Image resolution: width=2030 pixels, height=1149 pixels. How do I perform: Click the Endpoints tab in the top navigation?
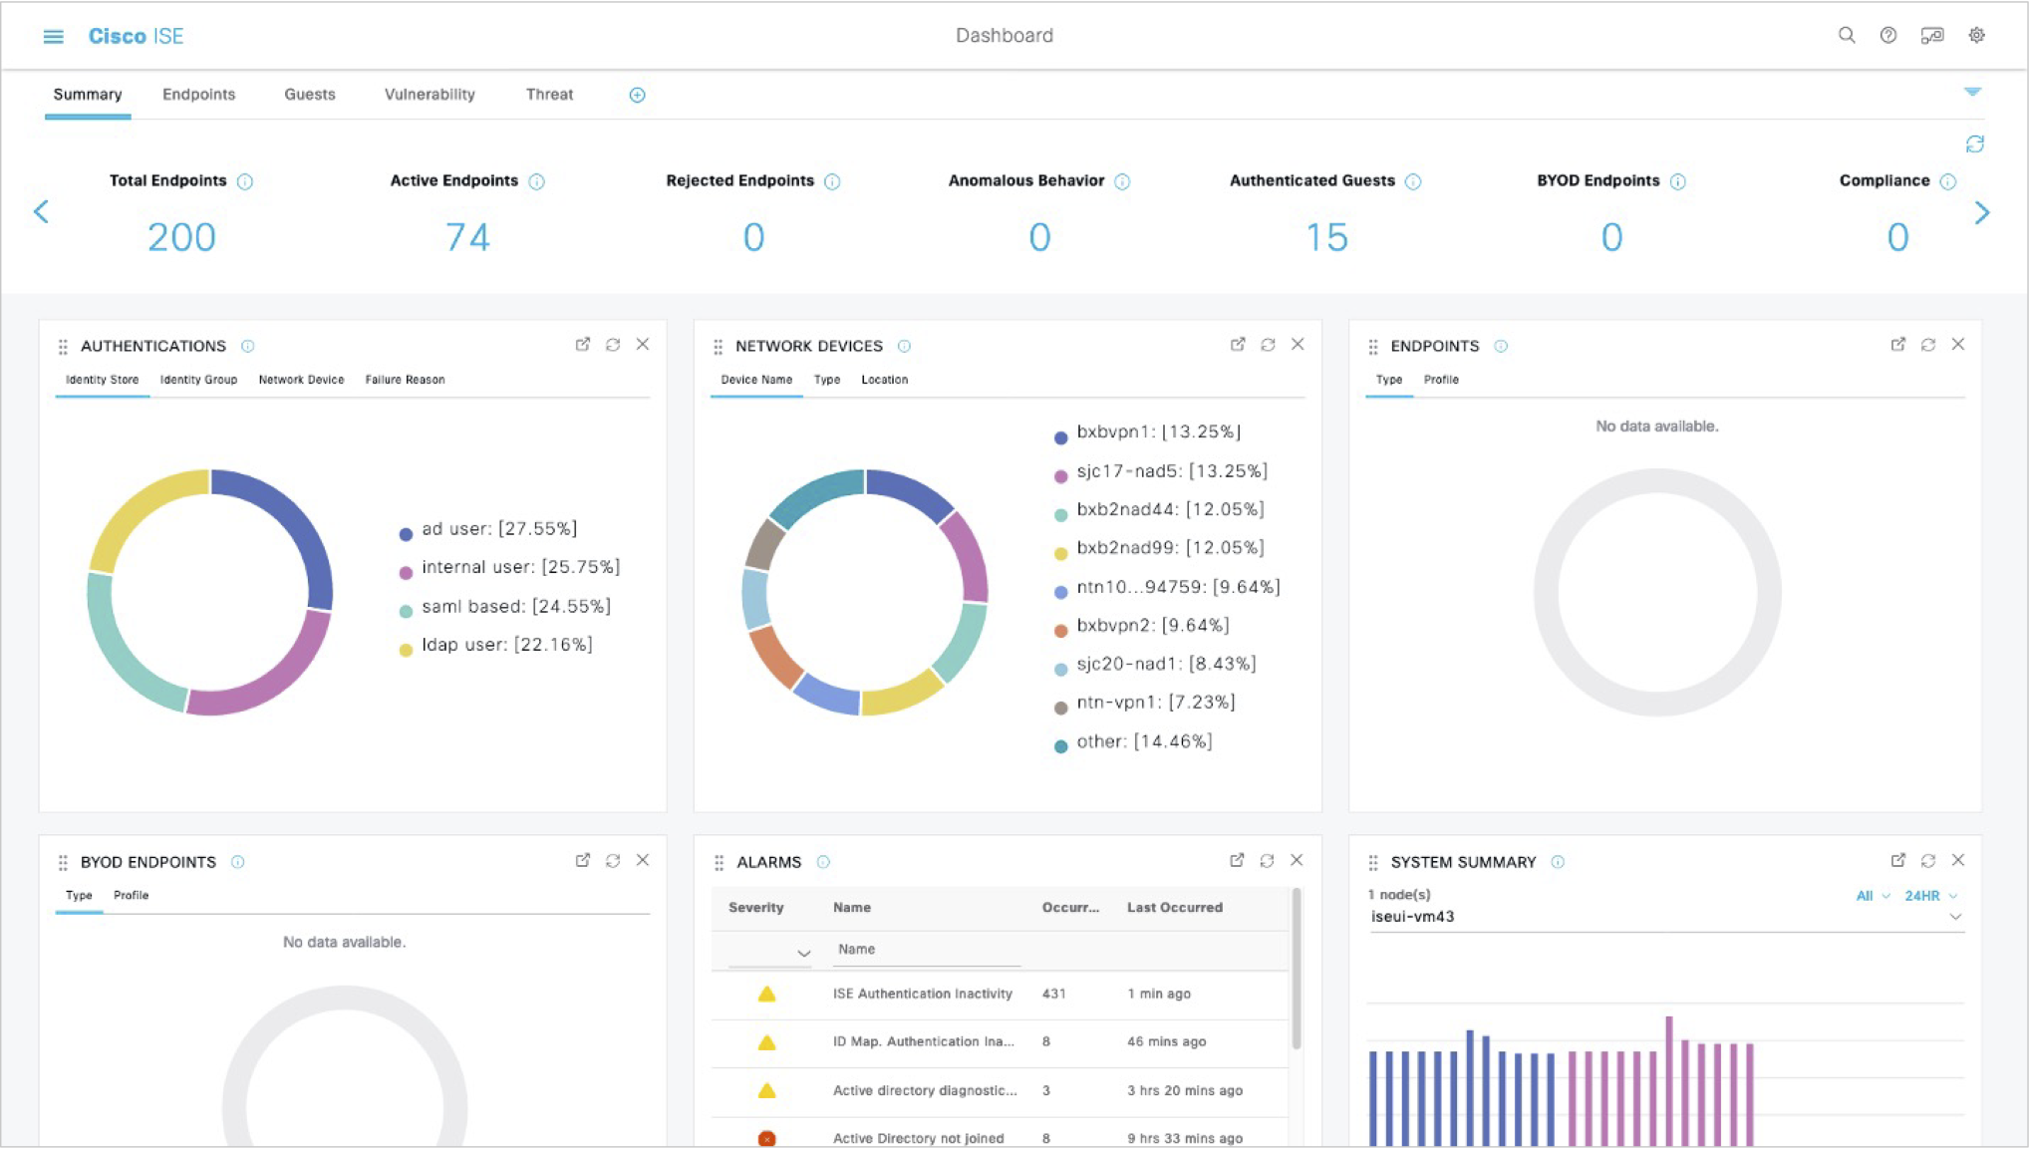pos(198,95)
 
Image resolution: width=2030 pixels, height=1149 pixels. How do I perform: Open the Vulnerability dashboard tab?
pos(430,95)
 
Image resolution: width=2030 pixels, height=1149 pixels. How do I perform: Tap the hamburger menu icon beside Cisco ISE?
pos(54,37)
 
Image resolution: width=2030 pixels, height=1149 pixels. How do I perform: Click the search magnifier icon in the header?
pos(1847,36)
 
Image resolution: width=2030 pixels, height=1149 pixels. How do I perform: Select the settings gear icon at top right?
pos(1977,36)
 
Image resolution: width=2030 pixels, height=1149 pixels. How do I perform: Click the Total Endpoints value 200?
pos(181,237)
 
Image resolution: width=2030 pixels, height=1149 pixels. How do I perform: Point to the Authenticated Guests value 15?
pos(1326,237)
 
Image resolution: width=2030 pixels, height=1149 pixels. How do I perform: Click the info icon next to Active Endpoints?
pos(537,181)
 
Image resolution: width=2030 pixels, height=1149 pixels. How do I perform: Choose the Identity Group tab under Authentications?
pos(198,380)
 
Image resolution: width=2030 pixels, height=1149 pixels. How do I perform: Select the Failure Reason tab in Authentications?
pos(405,380)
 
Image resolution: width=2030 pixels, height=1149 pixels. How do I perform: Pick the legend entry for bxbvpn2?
pos(1152,626)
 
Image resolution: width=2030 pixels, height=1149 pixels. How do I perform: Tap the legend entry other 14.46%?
pos(1143,741)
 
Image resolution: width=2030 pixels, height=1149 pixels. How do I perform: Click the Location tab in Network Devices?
pos(884,380)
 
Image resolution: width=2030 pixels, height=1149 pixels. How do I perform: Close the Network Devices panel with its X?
pos(1298,345)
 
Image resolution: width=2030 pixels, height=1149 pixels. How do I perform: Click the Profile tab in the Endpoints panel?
pos(1441,380)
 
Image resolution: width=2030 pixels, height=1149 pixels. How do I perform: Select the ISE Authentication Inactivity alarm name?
pos(922,994)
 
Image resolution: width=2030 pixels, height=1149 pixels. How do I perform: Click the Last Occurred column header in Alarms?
pos(1174,908)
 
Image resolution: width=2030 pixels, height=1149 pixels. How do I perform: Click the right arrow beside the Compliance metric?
pos(1982,213)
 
